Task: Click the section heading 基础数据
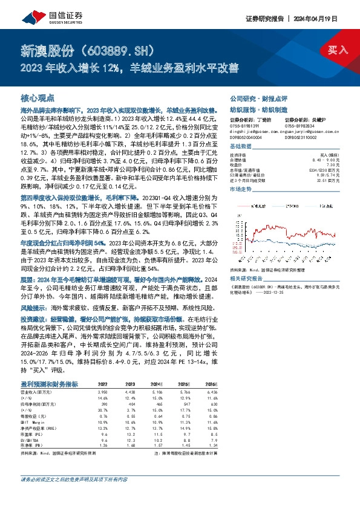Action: coord(241,148)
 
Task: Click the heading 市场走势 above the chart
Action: coord(241,189)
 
